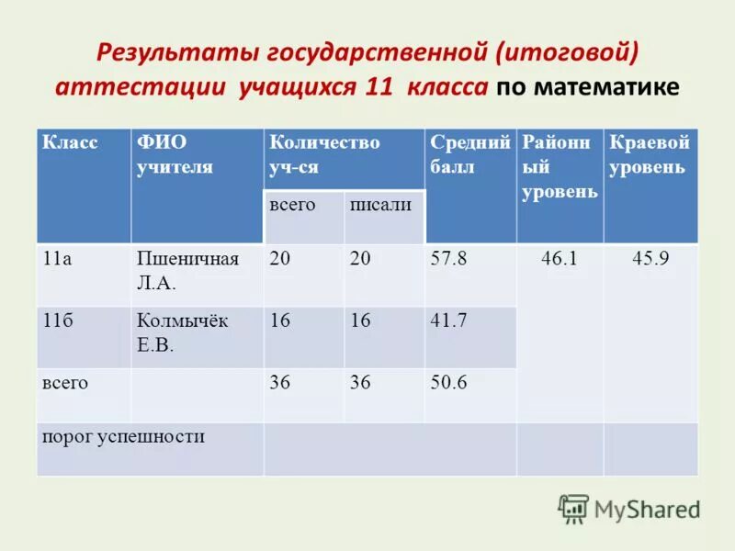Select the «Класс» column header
click(70, 142)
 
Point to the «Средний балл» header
click(469, 154)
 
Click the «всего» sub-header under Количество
click(292, 205)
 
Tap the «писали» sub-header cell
click(380, 205)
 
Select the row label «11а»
click(58, 259)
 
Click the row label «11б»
click(58, 320)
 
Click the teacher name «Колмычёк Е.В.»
click(182, 332)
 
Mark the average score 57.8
click(448, 259)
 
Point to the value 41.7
click(448, 320)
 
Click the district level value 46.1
click(559, 259)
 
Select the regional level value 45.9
click(650, 259)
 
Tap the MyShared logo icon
click(573, 508)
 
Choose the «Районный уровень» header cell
click(560, 166)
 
